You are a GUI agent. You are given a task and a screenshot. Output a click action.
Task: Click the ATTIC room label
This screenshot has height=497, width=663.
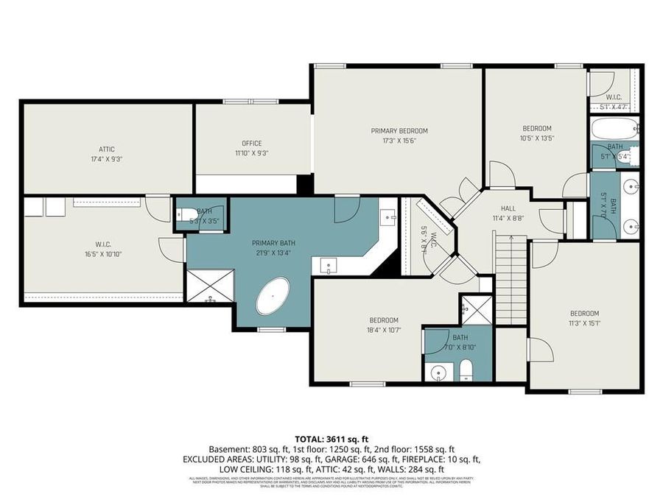[x=107, y=148]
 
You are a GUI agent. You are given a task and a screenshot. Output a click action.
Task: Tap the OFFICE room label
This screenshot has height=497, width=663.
[x=252, y=144]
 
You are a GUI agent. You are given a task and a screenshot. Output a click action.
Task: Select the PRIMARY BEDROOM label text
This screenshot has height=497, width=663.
[x=399, y=130]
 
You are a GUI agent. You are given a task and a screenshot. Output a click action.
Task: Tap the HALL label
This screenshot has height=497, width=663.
[x=508, y=208]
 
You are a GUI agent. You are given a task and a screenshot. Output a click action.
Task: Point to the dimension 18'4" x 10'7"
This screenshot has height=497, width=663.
[x=383, y=330]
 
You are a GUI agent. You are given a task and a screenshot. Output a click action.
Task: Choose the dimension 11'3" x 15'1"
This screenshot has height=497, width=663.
[x=583, y=322]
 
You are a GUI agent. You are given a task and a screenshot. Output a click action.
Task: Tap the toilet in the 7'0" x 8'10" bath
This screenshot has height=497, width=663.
[x=466, y=370]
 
